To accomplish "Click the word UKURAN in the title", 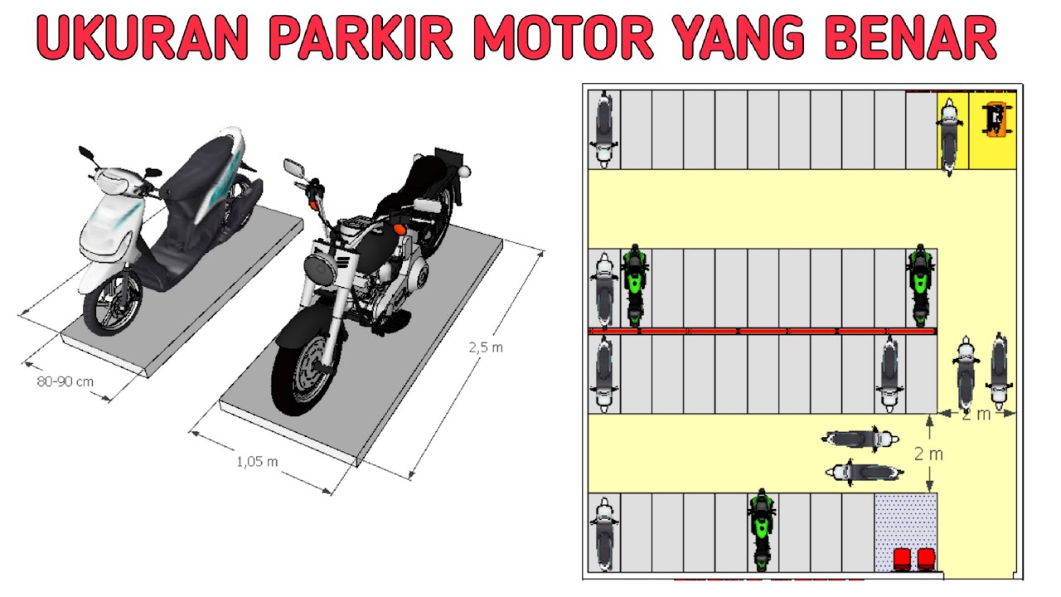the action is coord(143,37).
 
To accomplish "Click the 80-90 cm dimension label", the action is coord(65,381).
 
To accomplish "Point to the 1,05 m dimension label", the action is coord(257,462).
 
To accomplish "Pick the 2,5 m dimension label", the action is coord(486,347).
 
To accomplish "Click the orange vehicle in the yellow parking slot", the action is coord(996,120).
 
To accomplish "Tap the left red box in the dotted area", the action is coord(902,560).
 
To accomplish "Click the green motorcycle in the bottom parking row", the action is coord(761,531).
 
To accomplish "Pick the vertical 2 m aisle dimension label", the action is coord(928,454).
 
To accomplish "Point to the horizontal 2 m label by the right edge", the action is coord(976,415).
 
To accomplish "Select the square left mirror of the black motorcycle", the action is coord(293,167).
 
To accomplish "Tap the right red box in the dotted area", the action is coord(926,560).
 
